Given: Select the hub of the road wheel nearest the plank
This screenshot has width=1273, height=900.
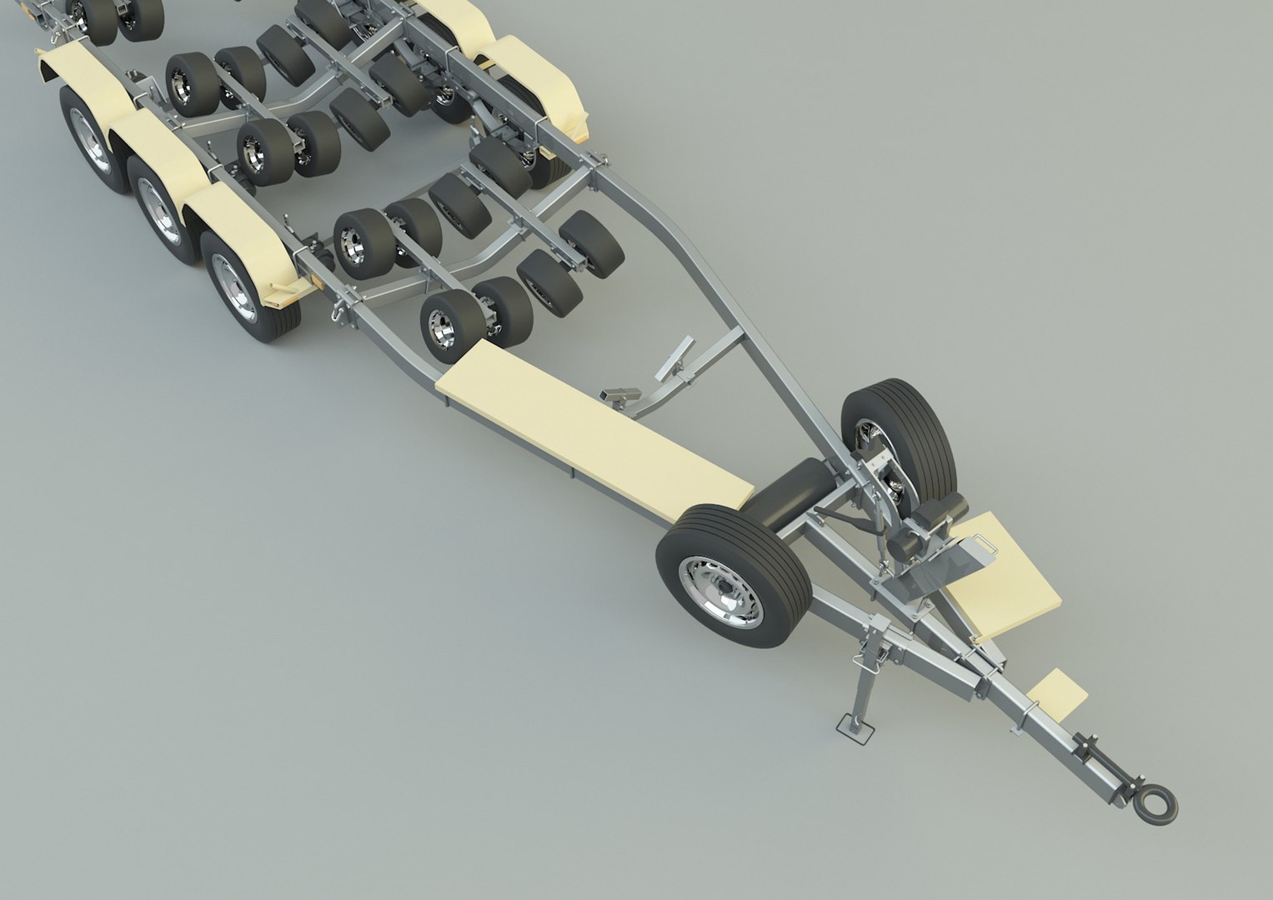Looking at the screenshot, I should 233,286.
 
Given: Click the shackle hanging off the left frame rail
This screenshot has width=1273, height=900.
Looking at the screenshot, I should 337,312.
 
